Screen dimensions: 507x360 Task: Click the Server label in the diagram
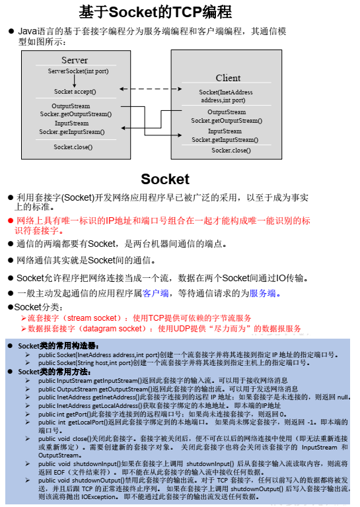tap(75, 60)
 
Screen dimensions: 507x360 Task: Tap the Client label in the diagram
tap(229, 78)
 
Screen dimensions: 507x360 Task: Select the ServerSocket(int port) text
tap(79, 71)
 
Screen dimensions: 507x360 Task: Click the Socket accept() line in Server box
tap(75, 91)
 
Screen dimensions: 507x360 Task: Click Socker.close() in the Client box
tap(231, 150)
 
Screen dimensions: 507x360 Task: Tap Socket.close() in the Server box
tap(73, 147)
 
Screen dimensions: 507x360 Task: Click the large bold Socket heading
tap(164, 180)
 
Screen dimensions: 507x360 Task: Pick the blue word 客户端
tap(155, 293)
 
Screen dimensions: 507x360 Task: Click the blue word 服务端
tap(262, 293)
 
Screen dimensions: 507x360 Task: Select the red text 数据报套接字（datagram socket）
tap(85, 328)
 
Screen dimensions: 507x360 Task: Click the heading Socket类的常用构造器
tap(58, 345)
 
